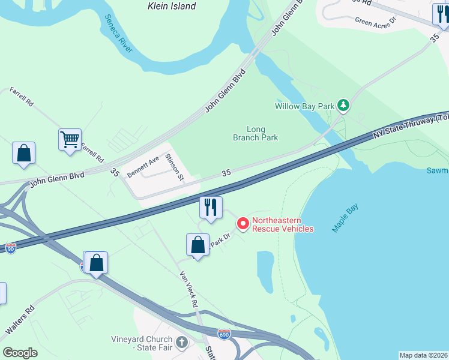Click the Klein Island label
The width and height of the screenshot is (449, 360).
tap(172, 6)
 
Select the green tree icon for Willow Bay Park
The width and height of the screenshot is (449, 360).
tap(343, 106)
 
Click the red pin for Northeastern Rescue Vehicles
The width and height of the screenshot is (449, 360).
tap(243, 223)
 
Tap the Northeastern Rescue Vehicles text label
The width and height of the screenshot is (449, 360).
tap(282, 224)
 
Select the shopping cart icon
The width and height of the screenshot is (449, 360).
tap(70, 140)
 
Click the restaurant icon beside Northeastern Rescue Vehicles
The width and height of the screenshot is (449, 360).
tap(211, 208)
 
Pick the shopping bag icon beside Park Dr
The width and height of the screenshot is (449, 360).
tap(197, 245)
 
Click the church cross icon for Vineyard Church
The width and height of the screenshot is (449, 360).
tap(181, 341)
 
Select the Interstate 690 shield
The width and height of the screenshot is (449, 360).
tap(224, 334)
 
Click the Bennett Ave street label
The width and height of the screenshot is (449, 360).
tap(143, 166)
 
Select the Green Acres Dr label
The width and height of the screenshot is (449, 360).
tap(376, 22)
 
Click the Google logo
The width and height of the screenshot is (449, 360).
tap(20, 352)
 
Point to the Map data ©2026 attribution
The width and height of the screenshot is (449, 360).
tap(423, 355)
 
